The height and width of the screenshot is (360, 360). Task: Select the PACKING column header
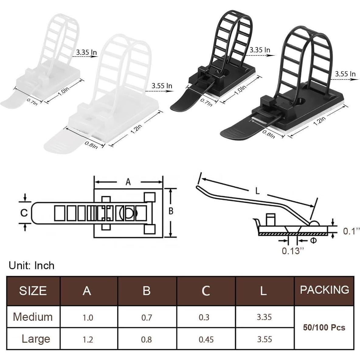point(324,290)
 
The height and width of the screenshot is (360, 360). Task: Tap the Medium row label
point(33,317)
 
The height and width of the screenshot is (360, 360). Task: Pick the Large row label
point(36,339)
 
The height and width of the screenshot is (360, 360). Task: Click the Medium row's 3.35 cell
point(264,317)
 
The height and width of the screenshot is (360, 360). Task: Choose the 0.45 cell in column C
point(206,339)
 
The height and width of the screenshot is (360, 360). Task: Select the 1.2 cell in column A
point(88,339)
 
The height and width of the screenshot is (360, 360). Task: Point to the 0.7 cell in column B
point(147,317)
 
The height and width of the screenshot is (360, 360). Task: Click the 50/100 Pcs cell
point(324,327)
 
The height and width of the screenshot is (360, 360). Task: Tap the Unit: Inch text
point(31,266)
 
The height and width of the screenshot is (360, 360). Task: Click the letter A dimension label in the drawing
point(128,182)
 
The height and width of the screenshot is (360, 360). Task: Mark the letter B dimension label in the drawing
point(171,211)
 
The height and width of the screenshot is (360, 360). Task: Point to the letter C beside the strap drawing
point(24,213)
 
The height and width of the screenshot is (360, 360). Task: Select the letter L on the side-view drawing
point(257,191)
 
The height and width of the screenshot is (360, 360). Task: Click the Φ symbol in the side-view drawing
point(313,241)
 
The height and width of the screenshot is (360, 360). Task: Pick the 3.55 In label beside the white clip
point(162,86)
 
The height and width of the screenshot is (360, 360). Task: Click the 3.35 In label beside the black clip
point(260,50)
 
